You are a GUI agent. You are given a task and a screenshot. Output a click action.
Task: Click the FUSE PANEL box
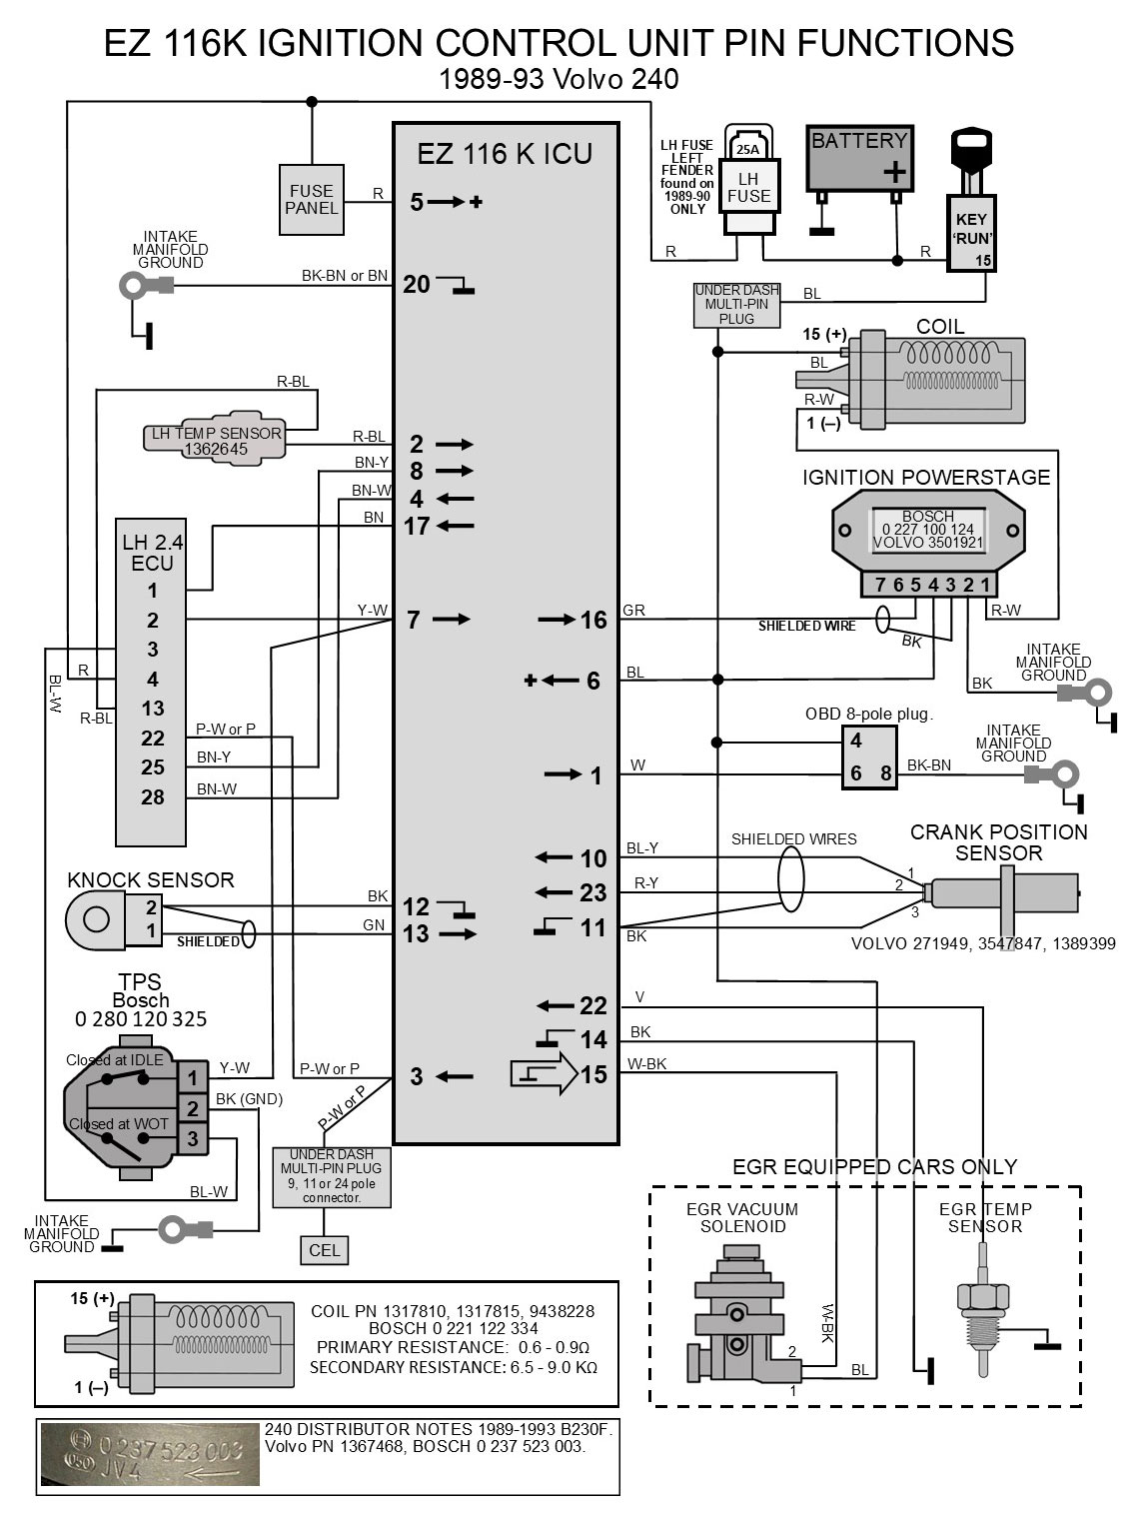pyautogui.click(x=312, y=200)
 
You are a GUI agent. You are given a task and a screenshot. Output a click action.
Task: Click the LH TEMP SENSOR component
pyautogui.click(x=215, y=441)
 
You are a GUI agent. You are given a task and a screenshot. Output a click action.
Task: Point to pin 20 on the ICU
pyautogui.click(x=417, y=285)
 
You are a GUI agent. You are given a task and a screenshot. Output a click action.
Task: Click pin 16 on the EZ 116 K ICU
pyautogui.click(x=593, y=621)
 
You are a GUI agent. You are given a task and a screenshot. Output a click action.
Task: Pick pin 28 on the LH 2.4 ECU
pyautogui.click(x=152, y=797)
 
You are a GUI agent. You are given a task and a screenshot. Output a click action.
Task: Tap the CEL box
pyautogui.click(x=325, y=1249)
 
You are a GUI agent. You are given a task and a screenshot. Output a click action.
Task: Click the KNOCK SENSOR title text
pyautogui.click(x=150, y=880)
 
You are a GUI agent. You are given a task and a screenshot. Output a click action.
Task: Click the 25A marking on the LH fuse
pyautogui.click(x=747, y=150)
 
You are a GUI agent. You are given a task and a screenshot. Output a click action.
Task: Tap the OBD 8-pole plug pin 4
pyautogui.click(x=856, y=742)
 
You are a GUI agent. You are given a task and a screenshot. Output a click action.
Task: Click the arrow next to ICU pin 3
pyautogui.click(x=455, y=1076)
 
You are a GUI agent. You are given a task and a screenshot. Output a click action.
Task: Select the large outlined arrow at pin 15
pyautogui.click(x=544, y=1075)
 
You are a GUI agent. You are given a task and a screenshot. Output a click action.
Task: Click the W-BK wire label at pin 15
pyautogui.click(x=646, y=1064)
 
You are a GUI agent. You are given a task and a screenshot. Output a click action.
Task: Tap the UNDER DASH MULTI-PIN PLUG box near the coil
pyautogui.click(x=736, y=305)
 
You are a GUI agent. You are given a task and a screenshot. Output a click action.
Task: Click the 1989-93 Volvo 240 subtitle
pyautogui.click(x=560, y=79)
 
